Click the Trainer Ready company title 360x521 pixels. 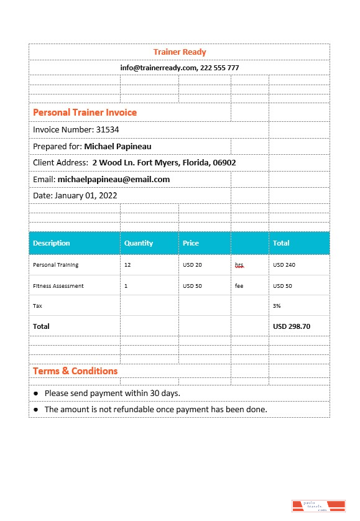coord(180,52)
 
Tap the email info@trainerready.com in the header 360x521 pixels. coord(159,68)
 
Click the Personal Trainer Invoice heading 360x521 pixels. coord(85,113)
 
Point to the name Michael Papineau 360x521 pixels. coord(118,147)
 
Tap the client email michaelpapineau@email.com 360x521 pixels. coord(113,180)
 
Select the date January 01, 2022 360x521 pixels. coord(86,196)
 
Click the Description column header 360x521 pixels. coord(52,243)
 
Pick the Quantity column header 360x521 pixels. coord(139,243)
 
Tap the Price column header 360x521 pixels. coord(191,243)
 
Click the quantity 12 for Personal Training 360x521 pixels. coord(127,265)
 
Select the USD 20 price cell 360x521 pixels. coord(192,265)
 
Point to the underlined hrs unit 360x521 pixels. coord(239,265)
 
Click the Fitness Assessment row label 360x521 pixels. coord(58,286)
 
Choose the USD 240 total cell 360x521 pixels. coord(284,265)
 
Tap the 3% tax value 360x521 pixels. coord(277,306)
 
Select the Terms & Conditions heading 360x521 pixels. coord(75,371)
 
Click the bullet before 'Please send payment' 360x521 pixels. coord(36,394)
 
